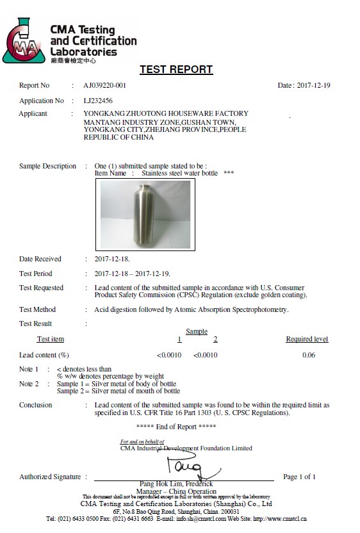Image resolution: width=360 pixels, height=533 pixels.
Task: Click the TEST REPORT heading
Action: coord(176,70)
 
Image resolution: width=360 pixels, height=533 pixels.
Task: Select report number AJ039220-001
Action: coord(104,86)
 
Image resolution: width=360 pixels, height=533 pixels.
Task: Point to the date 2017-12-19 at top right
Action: coord(313,86)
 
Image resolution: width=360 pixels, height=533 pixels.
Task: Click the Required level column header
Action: coord(307,339)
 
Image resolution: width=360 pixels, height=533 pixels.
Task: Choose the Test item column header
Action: coord(51,339)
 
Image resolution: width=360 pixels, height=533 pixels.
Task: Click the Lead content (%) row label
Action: coord(44,355)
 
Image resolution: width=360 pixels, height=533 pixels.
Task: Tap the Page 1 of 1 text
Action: coord(300,477)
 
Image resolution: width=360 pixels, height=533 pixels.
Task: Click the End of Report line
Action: coord(176,427)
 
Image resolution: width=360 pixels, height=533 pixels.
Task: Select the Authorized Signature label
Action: coord(50,477)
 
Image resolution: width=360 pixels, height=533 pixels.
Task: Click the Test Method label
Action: coord(38,309)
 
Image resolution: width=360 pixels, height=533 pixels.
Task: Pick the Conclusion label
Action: coord(36,405)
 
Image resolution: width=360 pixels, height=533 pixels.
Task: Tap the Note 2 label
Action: coord(29,384)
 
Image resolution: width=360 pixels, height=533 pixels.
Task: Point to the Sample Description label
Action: coord(47,167)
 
